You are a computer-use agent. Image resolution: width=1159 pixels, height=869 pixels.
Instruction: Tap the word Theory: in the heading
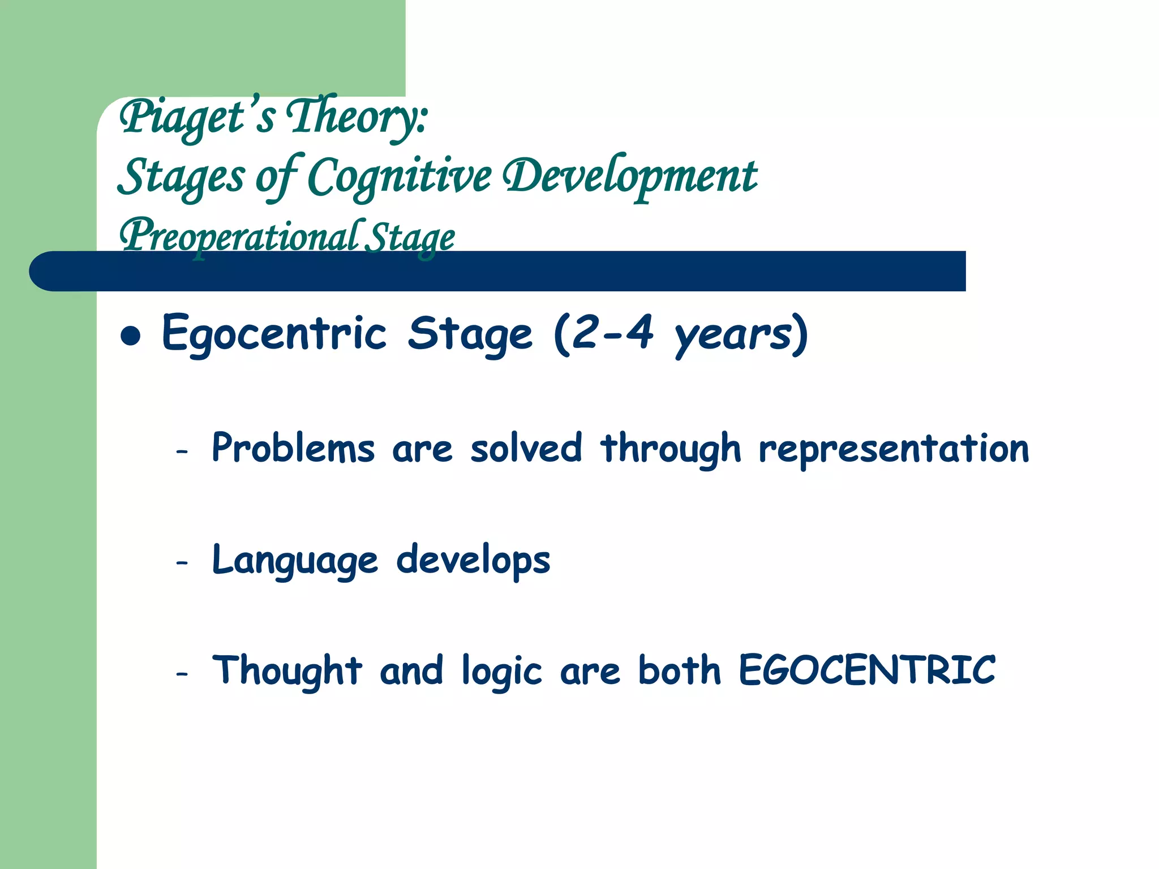click(x=357, y=117)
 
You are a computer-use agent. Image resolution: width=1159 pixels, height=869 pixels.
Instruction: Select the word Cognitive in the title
click(x=399, y=177)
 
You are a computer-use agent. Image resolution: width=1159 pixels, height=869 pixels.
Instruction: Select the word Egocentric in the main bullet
click(x=274, y=334)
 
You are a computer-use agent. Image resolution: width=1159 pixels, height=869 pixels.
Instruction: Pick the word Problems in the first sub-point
click(x=293, y=449)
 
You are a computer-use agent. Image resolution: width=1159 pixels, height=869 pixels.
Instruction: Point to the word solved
click(x=526, y=449)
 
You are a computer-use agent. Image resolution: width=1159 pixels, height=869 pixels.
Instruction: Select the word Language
click(x=294, y=561)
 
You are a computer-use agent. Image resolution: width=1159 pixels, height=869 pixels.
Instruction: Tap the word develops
click(x=473, y=561)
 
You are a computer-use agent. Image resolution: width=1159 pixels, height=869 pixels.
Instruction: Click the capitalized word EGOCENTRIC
click(x=867, y=670)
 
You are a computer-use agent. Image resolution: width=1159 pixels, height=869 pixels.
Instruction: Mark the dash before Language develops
click(x=182, y=563)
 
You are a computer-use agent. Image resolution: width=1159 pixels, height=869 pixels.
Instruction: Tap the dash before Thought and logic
click(x=182, y=674)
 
